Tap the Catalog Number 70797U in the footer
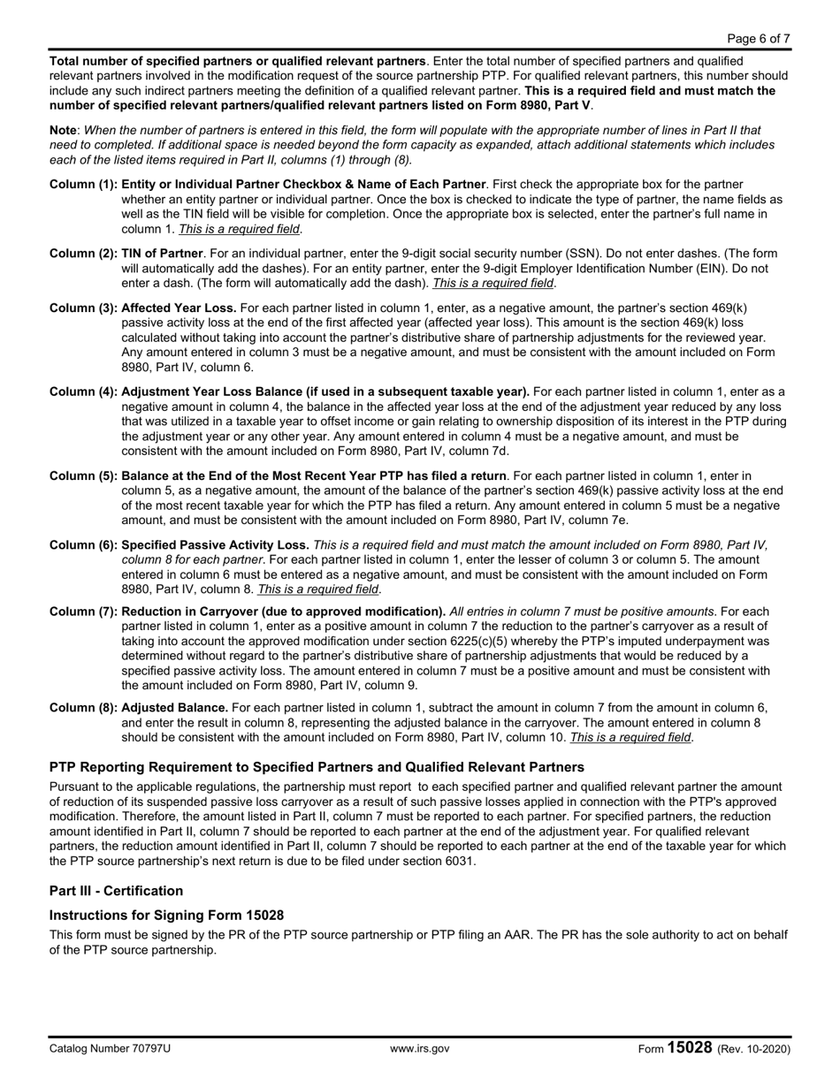[111, 1049]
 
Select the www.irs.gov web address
[419, 1049]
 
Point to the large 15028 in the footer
[690, 1047]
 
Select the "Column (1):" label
[83, 184]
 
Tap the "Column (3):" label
[83, 308]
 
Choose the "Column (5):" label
[83, 475]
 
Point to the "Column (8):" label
[83, 707]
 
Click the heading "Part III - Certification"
[116, 890]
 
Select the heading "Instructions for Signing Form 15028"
[166, 915]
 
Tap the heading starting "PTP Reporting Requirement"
[317, 766]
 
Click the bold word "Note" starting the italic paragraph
[64, 130]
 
